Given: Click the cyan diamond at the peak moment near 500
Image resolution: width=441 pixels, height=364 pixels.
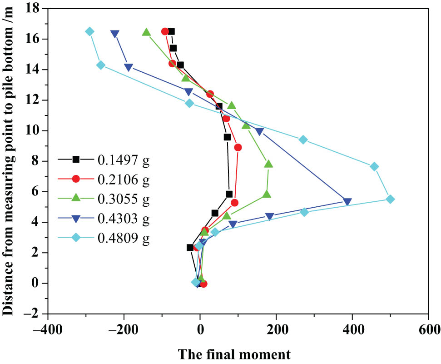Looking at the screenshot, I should click(390, 199).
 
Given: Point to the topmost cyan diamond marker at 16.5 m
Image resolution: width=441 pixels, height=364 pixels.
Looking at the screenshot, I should click(90, 31).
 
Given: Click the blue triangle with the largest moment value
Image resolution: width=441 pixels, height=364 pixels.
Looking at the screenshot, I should click(347, 201).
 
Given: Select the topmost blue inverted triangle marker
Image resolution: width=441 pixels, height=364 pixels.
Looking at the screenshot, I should click(115, 34).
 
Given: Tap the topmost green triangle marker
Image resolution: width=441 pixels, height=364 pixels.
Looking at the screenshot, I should click(146, 32).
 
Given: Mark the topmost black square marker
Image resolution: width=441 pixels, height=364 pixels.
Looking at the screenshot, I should click(171, 31).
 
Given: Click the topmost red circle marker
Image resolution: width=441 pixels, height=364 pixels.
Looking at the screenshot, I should click(165, 31).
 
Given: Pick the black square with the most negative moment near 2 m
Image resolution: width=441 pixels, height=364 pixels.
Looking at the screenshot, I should click(190, 247).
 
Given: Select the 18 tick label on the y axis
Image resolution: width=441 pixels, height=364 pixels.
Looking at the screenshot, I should click(32, 8).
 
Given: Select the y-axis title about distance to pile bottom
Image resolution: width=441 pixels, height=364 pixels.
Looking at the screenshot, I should click(8, 161).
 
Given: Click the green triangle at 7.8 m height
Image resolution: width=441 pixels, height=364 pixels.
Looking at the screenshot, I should click(268, 164).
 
